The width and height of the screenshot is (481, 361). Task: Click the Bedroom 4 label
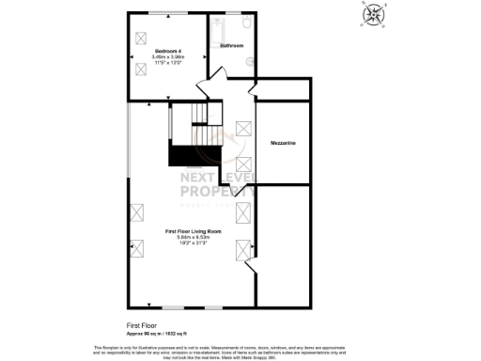(x=169, y=50)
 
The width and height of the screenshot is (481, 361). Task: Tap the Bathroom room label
(x=232, y=44)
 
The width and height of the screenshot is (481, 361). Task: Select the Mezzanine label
(x=284, y=143)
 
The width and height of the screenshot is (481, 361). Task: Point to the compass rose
(x=374, y=14)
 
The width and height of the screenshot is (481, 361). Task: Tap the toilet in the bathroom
(x=246, y=23)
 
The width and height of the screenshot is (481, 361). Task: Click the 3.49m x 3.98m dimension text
(x=169, y=56)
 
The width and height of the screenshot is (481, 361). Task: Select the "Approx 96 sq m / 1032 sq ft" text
(x=159, y=334)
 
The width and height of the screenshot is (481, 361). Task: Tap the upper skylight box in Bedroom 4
(x=142, y=37)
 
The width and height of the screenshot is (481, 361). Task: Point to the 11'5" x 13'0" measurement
(x=169, y=63)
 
